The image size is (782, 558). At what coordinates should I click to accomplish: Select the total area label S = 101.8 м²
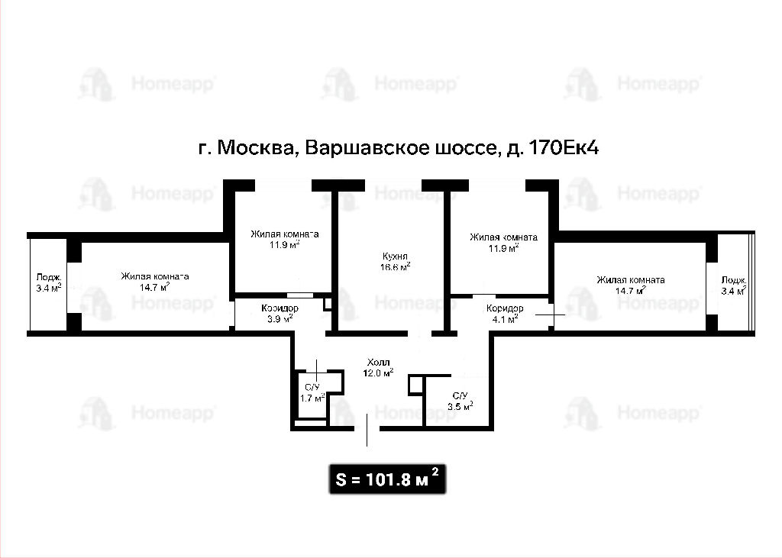pyautogui.click(x=387, y=479)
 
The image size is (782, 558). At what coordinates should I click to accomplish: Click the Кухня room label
pyautogui.click(x=395, y=256)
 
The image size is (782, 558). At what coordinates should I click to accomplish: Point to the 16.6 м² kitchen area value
pyautogui.click(x=395, y=266)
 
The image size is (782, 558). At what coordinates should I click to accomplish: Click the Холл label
pyautogui.click(x=378, y=362)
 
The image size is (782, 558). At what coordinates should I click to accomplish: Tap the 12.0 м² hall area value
pyautogui.click(x=378, y=373)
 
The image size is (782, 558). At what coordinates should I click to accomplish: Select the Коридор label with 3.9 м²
pyautogui.click(x=280, y=308)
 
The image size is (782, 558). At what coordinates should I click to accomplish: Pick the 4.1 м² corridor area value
pyautogui.click(x=505, y=319)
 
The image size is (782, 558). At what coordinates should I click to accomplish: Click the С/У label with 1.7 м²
pyautogui.click(x=312, y=388)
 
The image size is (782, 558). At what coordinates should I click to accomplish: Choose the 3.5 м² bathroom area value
pyautogui.click(x=460, y=406)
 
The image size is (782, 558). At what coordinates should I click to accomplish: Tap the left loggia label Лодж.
pyautogui.click(x=49, y=277)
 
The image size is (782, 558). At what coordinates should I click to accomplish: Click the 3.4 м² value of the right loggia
pyautogui.click(x=734, y=291)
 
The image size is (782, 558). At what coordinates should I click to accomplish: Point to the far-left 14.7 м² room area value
pyautogui.click(x=154, y=287)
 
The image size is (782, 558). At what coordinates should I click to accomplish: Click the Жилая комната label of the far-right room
pyautogui.click(x=630, y=279)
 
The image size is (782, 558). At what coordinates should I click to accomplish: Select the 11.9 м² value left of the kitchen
pyautogui.click(x=284, y=245)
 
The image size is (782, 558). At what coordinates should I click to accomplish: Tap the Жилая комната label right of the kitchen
pyautogui.click(x=504, y=237)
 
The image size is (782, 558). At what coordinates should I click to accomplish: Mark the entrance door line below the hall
pyautogui.click(x=367, y=430)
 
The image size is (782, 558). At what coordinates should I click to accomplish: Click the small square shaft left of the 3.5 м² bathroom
pyautogui.click(x=415, y=385)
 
